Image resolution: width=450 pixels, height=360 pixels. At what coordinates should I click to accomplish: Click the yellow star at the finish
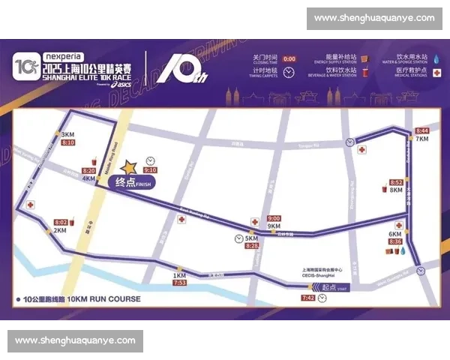coord(130,166)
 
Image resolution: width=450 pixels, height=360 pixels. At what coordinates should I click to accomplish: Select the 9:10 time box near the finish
coord(150,170)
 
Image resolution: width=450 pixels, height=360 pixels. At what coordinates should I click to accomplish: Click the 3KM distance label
coord(67,134)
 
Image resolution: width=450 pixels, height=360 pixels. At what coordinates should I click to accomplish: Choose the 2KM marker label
coord(59,230)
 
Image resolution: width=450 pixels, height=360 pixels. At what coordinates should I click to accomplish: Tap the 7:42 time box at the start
coord(308,298)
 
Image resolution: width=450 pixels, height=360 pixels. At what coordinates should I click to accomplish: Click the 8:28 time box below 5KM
coord(252,246)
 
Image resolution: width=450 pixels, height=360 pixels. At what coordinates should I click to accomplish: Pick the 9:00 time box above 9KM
coord(274,219)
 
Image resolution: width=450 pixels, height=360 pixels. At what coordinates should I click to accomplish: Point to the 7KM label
coord(421,139)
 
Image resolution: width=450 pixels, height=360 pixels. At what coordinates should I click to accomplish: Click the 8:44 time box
coord(421,130)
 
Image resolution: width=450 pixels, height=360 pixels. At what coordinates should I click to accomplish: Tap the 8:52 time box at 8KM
coord(397,182)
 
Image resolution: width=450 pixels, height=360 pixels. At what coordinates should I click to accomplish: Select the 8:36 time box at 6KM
coord(396,241)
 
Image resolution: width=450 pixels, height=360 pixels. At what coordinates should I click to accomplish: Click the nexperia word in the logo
coord(63,55)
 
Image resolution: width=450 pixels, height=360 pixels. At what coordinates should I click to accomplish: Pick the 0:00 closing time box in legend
coord(289,58)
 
